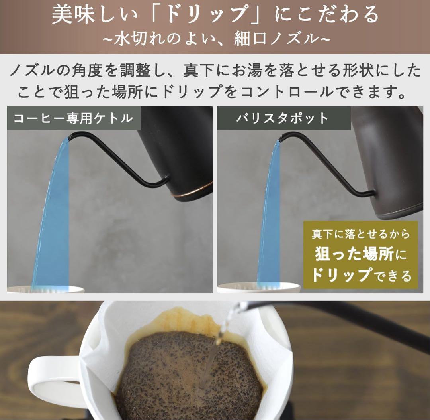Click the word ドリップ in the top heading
pyautogui.click(x=203, y=15)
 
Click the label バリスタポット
pyautogui.click(x=283, y=118)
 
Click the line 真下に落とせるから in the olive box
pyautogui.click(x=360, y=234)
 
